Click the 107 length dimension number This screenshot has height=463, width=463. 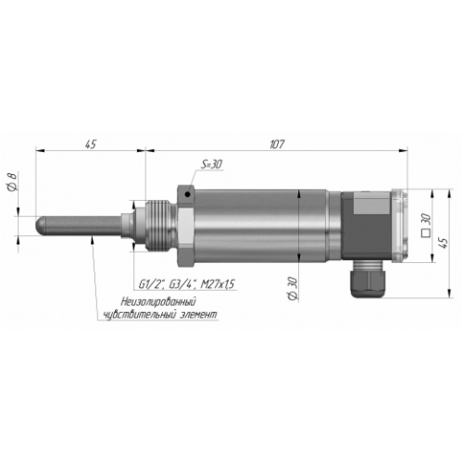click(x=277, y=144)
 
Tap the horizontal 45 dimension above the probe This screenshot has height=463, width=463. click(x=91, y=144)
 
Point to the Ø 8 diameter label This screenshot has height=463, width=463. click(x=12, y=181)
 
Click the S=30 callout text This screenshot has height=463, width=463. click(x=212, y=164)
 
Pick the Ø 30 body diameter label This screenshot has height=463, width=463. click(x=293, y=289)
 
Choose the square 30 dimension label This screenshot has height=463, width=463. click(x=426, y=225)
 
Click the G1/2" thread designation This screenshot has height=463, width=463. click(x=151, y=284)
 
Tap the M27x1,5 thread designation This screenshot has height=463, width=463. click(x=218, y=284)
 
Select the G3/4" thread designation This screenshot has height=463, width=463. click(x=182, y=284)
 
